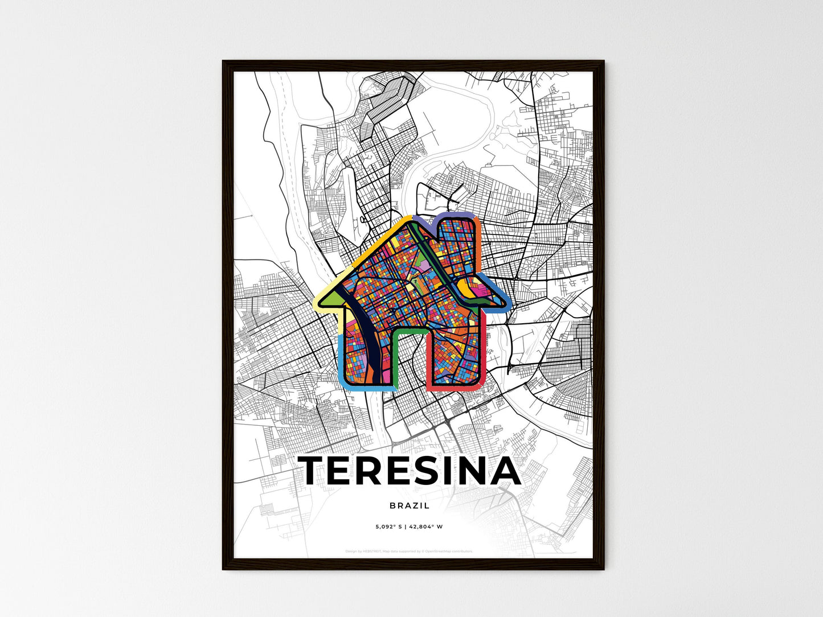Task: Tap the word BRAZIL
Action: coord(410,505)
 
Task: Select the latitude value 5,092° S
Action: coord(389,526)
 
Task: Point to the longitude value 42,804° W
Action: coord(425,526)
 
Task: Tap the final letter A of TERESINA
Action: coord(503,471)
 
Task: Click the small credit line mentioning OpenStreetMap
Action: coord(409,551)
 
